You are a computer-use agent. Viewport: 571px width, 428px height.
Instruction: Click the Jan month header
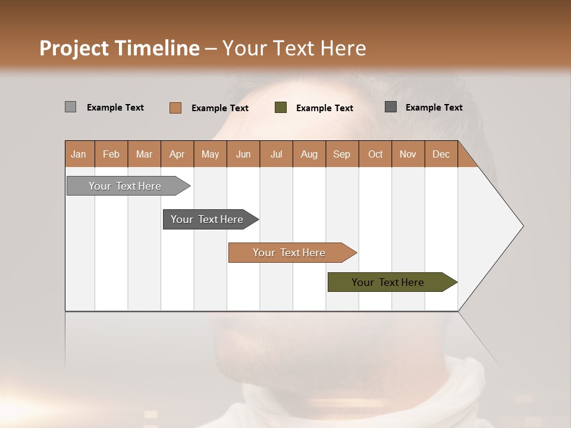79,154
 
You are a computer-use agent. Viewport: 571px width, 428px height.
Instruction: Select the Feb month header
111,154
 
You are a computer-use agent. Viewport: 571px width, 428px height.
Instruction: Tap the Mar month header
144,154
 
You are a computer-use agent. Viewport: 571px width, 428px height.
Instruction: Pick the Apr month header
177,154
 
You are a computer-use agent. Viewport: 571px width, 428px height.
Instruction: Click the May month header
210,154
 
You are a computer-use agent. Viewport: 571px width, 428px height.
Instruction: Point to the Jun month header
243,154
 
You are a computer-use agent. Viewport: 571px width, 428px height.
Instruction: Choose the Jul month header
276,154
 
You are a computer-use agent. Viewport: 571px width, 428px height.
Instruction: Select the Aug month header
309,154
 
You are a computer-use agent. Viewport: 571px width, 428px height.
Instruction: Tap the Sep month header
342,154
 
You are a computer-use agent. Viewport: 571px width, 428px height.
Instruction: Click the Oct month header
375,154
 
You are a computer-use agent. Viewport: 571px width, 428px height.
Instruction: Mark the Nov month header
408,154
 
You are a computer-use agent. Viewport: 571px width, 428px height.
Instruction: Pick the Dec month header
441,154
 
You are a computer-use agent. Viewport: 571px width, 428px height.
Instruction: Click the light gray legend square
70,107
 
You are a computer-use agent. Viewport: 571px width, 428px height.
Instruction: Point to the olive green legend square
281,108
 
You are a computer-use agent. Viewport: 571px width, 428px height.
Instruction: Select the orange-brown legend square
175,108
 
